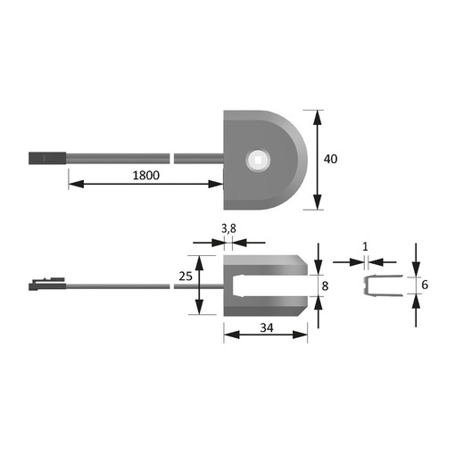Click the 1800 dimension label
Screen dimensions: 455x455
click(145, 175)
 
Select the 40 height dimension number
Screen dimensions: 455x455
click(330, 159)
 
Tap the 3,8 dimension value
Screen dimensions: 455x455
click(228, 228)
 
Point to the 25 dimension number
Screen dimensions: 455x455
click(186, 277)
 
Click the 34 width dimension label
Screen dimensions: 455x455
click(267, 327)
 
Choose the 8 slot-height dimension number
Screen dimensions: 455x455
click(325, 286)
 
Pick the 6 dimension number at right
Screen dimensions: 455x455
click(425, 285)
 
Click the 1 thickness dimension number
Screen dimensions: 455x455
click(366, 247)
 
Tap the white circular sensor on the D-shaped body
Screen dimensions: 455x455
click(258, 160)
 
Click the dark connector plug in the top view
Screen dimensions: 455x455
click(47, 158)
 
